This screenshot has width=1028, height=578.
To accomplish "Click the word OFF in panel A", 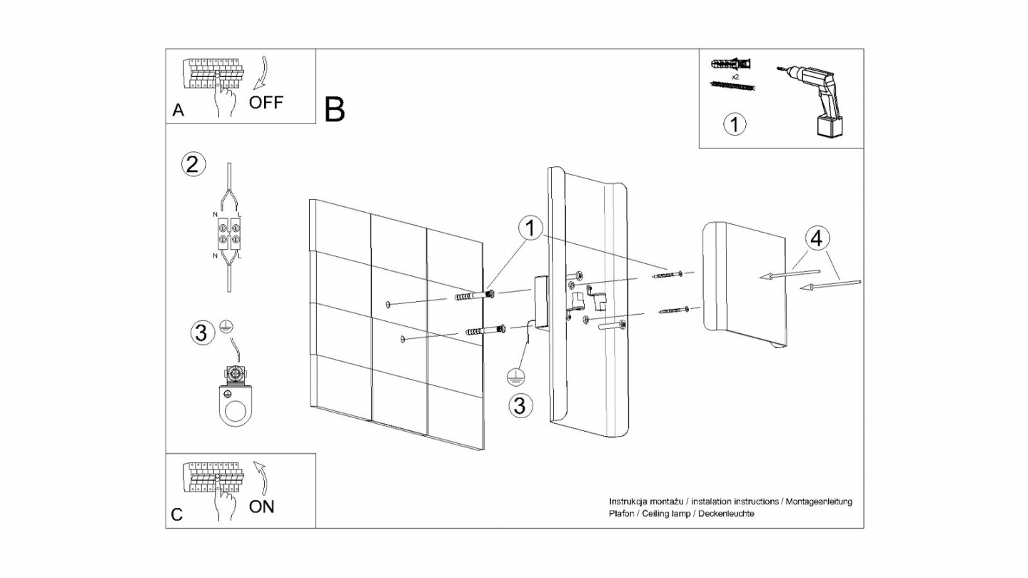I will tap(266, 102).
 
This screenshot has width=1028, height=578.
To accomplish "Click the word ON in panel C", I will tap(261, 507).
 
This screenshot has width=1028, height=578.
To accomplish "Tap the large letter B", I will tap(334, 109).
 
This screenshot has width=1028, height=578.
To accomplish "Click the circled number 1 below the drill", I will tap(735, 124).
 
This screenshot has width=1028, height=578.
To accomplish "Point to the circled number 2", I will tap(192, 165).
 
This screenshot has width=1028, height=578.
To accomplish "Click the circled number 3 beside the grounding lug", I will tap(203, 333).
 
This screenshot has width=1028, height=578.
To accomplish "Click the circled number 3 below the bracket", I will tap(520, 405).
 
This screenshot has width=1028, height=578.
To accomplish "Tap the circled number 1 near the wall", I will tap(529, 229).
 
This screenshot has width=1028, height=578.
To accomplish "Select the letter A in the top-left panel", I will tap(178, 111).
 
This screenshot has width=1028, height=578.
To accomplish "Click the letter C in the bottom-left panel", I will tap(177, 514).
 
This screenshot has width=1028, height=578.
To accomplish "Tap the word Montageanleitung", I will tap(819, 502).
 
